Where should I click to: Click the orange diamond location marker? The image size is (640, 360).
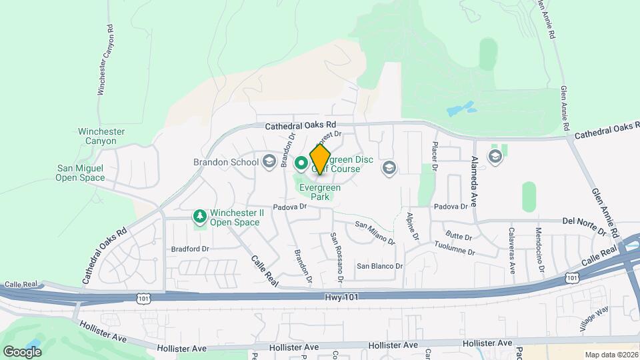[321, 160]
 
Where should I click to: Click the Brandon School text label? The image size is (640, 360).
[225, 162]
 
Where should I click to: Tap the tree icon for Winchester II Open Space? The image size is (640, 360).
[199, 217]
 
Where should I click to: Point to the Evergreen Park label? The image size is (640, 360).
[320, 193]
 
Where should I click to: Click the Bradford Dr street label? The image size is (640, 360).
[190, 249]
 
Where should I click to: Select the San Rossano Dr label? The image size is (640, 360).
[339, 255]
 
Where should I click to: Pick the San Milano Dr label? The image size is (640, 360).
[375, 231]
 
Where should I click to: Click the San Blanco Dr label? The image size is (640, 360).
[379, 265]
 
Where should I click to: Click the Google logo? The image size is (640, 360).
[22, 351]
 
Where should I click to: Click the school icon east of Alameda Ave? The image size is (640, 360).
[495, 156]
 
